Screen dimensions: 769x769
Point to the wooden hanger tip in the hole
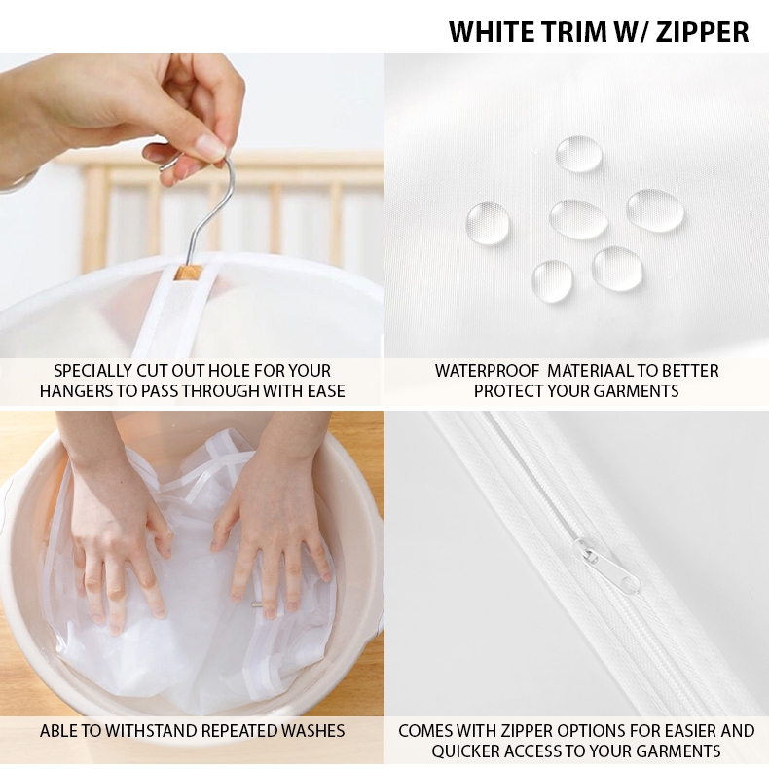(x=187, y=273)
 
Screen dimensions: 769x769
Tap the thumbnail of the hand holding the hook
(x=209, y=145)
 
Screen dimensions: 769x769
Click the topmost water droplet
(x=578, y=154)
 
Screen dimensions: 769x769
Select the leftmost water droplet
(x=488, y=224)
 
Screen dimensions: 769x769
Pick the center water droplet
(x=579, y=219)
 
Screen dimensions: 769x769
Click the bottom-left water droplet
(x=552, y=281)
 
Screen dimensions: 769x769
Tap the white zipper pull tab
(x=607, y=564)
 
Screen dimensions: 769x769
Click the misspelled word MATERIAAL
(x=589, y=371)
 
